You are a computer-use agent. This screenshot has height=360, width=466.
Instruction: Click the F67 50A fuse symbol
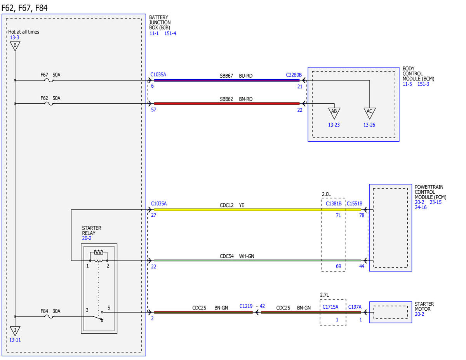coord(49,80)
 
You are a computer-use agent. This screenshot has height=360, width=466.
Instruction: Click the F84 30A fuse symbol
coord(49,317)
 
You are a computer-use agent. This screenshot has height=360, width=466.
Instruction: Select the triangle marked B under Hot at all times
coord(15,46)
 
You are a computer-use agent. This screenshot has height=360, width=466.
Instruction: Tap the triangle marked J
coord(15,331)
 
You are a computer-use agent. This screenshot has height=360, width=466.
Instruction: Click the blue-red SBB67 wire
coord(227,80)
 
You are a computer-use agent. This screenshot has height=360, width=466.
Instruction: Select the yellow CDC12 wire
coord(257,210)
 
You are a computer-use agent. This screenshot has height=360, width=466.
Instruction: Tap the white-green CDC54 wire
coord(257,261)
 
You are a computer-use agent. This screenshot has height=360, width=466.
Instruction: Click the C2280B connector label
coord(294,75)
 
